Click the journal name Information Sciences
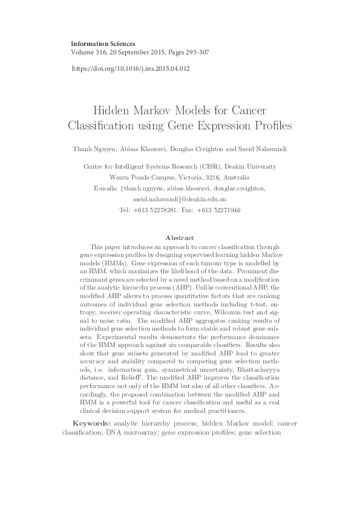pos(103,44)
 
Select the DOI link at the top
pos(131,68)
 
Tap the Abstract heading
pos(180,238)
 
